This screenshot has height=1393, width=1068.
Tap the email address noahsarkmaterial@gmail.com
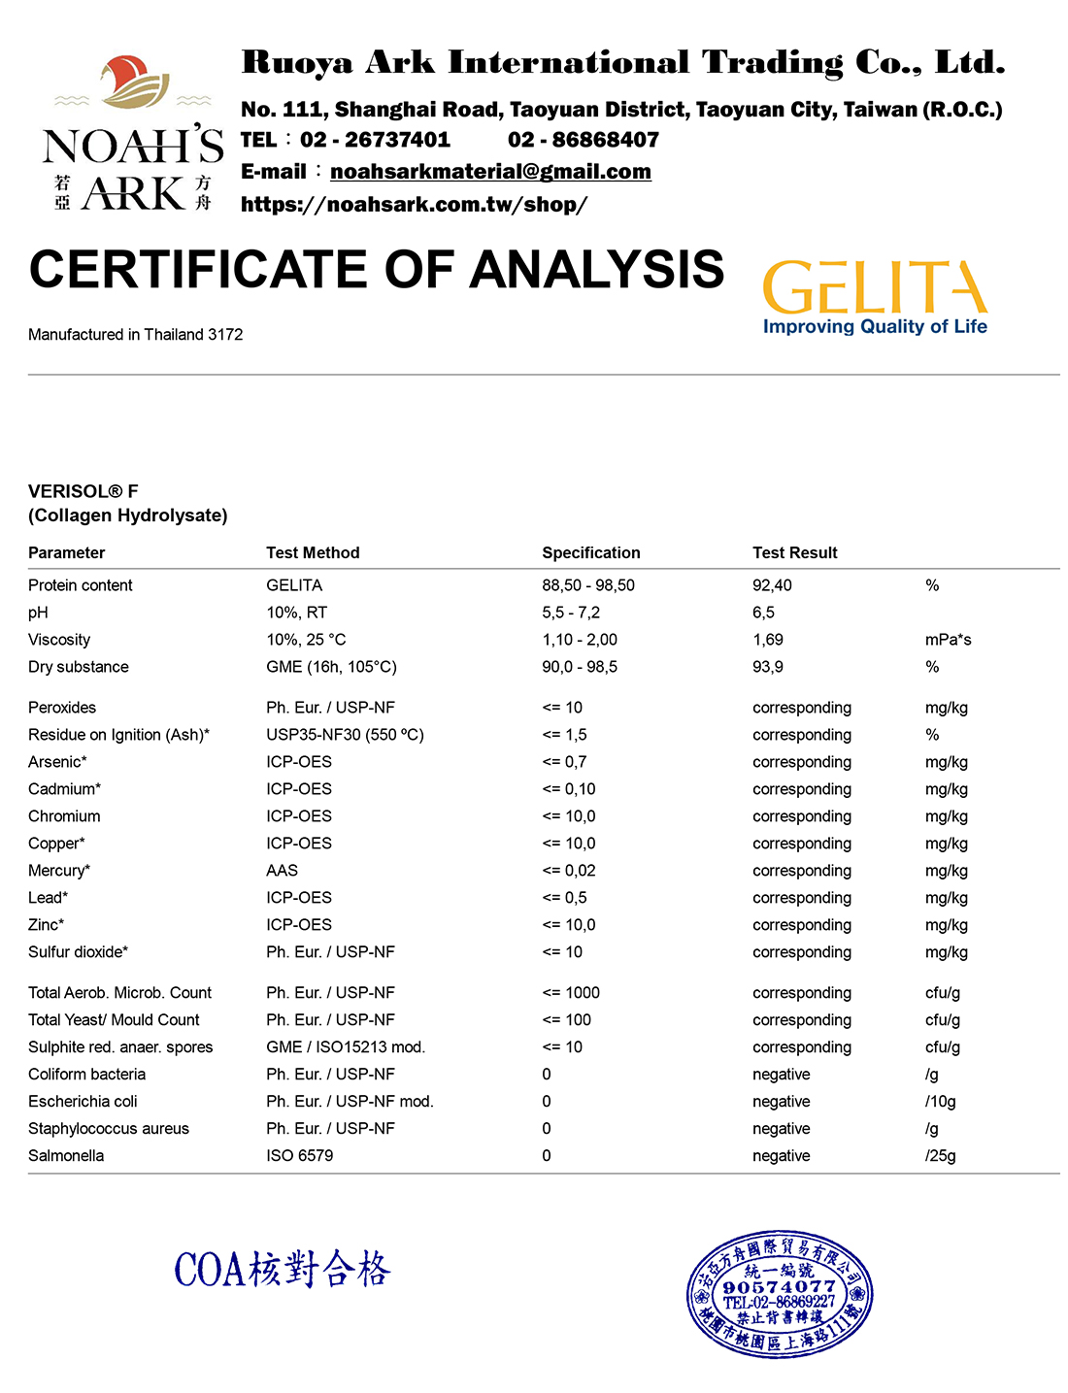(490, 172)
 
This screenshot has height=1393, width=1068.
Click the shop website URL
(414, 205)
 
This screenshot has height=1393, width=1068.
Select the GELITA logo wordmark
(875, 287)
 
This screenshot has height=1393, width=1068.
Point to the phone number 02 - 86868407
(584, 140)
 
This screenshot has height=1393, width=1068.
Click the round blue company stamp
(779, 1294)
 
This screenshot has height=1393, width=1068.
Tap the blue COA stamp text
(283, 1269)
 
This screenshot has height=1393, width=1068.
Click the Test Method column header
(313, 552)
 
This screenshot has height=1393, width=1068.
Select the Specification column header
(590, 552)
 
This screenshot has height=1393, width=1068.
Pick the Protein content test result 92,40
(772, 585)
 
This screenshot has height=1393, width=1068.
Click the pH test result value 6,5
(763, 613)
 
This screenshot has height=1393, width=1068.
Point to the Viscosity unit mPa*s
(948, 640)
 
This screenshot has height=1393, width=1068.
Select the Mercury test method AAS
(282, 871)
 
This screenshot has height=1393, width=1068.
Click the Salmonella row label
(66, 1156)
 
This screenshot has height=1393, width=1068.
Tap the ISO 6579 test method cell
(299, 1156)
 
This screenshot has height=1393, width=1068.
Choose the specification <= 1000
(571, 993)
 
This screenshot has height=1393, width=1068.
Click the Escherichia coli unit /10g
(940, 1102)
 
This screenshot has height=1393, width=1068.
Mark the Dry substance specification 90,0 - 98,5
(580, 667)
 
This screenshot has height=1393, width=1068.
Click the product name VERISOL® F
(83, 491)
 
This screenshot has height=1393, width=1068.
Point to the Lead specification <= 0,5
(564, 898)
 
